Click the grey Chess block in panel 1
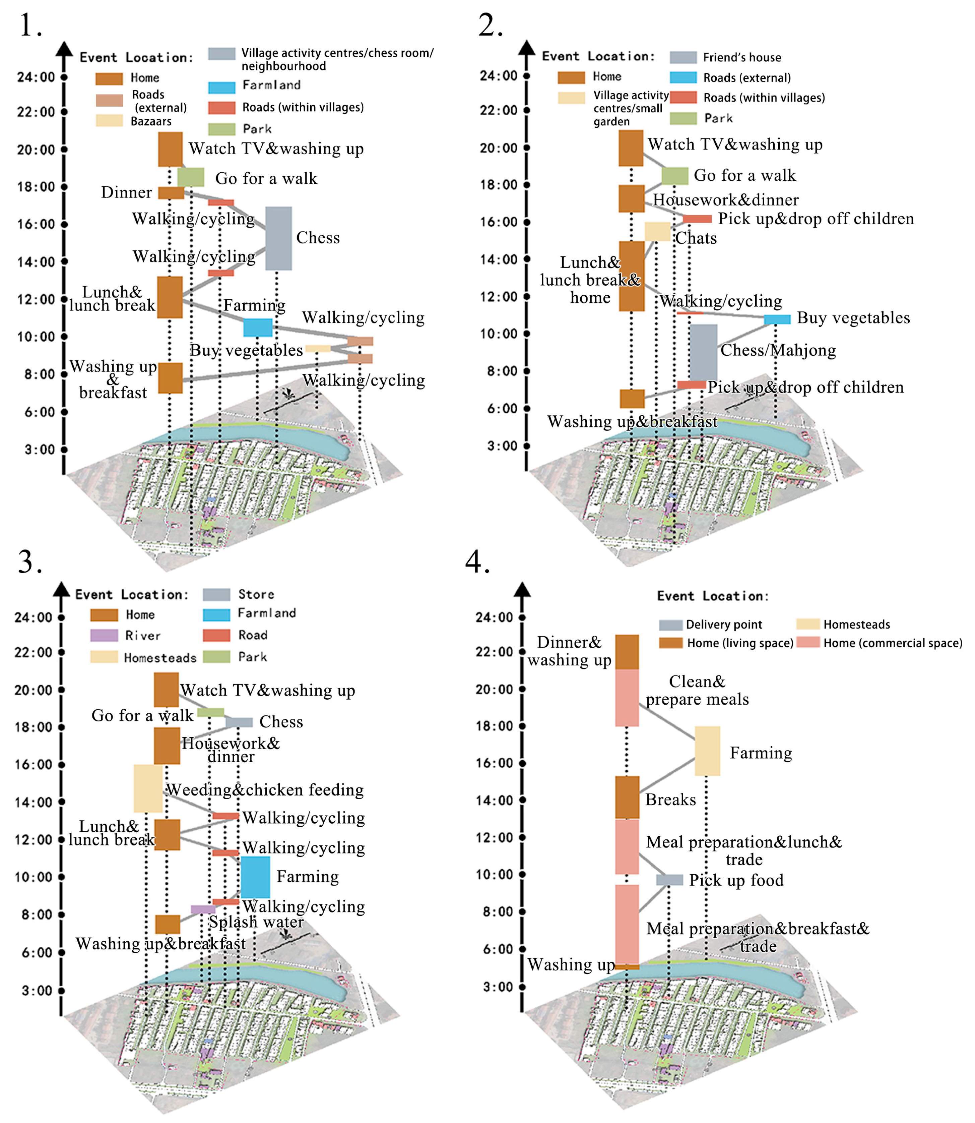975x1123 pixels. [278, 238]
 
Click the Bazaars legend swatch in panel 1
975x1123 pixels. [109, 120]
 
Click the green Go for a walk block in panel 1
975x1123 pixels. [190, 177]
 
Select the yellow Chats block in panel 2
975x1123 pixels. [657, 231]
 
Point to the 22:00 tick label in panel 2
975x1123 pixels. [498, 110]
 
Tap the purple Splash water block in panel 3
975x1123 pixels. [203, 909]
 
